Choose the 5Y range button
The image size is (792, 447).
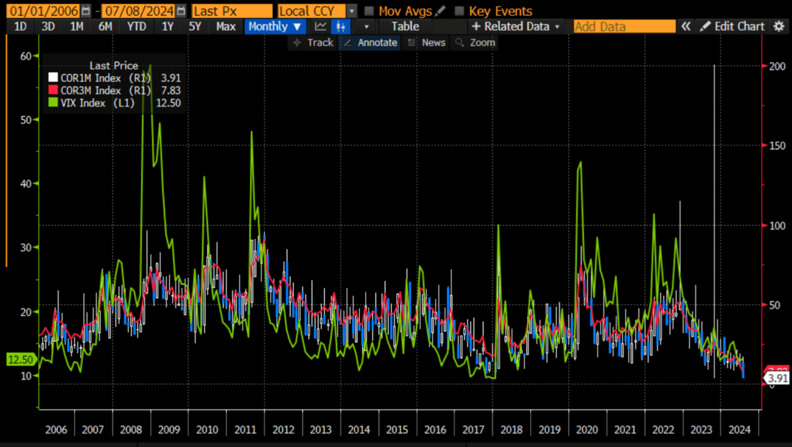pyautogui.click(x=194, y=27)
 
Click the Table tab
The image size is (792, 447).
pyautogui.click(x=405, y=27)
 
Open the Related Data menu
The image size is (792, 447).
pyautogui.click(x=516, y=27)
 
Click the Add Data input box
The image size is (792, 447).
pyautogui.click(x=624, y=27)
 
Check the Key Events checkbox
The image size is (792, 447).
pyautogui.click(x=459, y=11)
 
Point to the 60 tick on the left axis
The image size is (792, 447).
pyautogui.click(x=24, y=56)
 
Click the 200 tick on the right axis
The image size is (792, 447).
pyautogui.click(x=775, y=66)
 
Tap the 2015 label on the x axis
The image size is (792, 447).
pyautogui.click(x=397, y=430)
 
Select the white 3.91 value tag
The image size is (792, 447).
pyautogui.click(x=777, y=379)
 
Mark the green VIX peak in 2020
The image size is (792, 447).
pyautogui.click(x=581, y=163)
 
